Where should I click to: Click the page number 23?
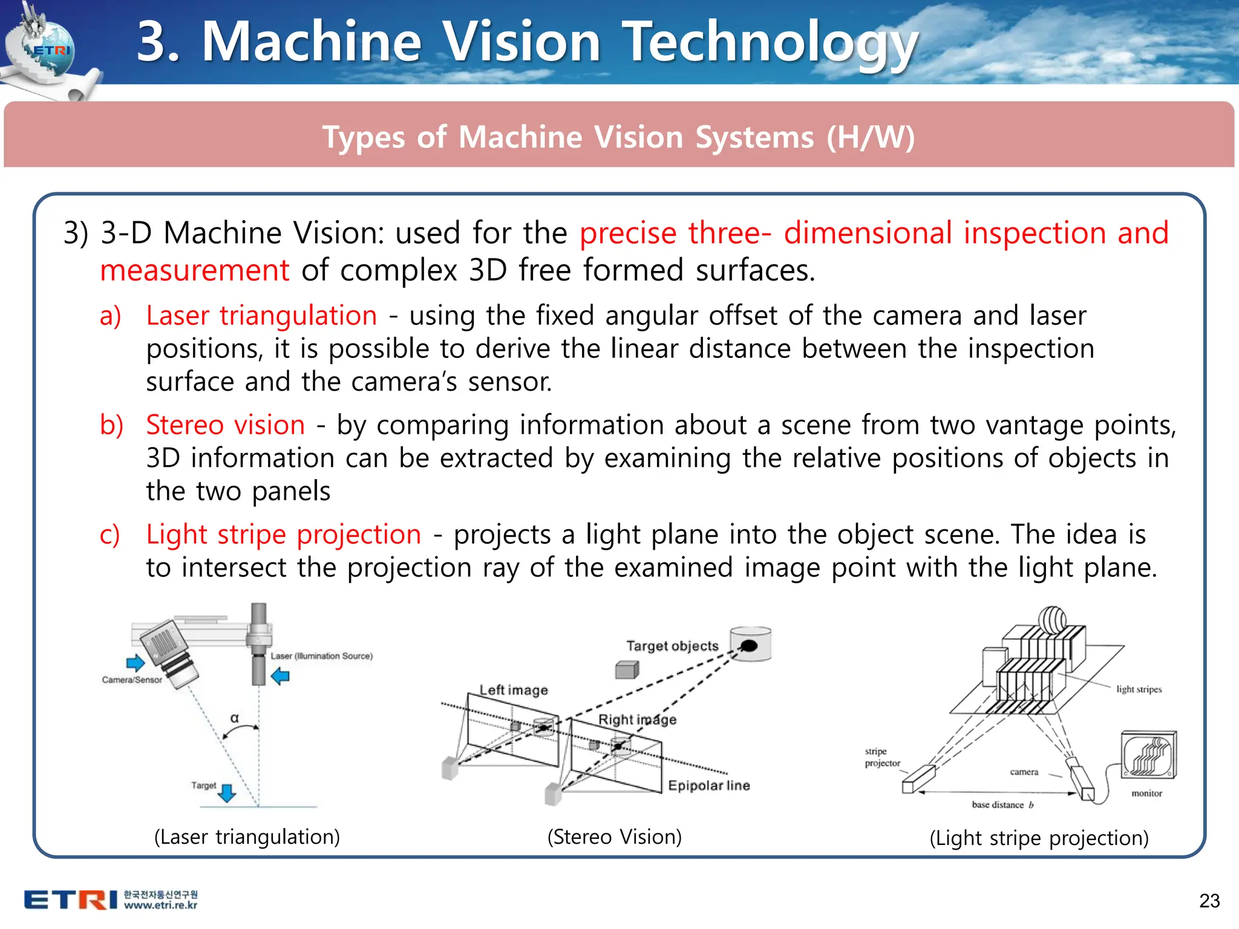click(x=1209, y=901)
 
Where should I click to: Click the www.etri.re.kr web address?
click(x=161, y=905)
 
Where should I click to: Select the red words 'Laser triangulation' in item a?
click(x=261, y=316)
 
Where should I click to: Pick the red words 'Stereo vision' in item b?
click(x=225, y=425)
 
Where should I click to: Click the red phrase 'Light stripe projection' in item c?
click(x=283, y=535)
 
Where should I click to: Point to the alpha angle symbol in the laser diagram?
click(x=235, y=719)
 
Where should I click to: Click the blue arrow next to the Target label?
click(x=227, y=793)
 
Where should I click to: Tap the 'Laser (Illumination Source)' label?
click(x=321, y=656)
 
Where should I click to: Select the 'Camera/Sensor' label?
click(x=132, y=680)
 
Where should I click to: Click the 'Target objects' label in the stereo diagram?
click(x=672, y=646)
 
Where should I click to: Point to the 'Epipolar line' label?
click(x=709, y=786)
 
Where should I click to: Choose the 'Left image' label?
click(x=514, y=690)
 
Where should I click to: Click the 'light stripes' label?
click(x=1139, y=689)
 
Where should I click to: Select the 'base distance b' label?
click(x=1002, y=805)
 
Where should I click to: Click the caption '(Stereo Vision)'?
click(x=614, y=837)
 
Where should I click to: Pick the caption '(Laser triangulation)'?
click(x=247, y=837)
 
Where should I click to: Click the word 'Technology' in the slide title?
click(x=770, y=42)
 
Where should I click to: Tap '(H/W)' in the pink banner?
click(x=871, y=137)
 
